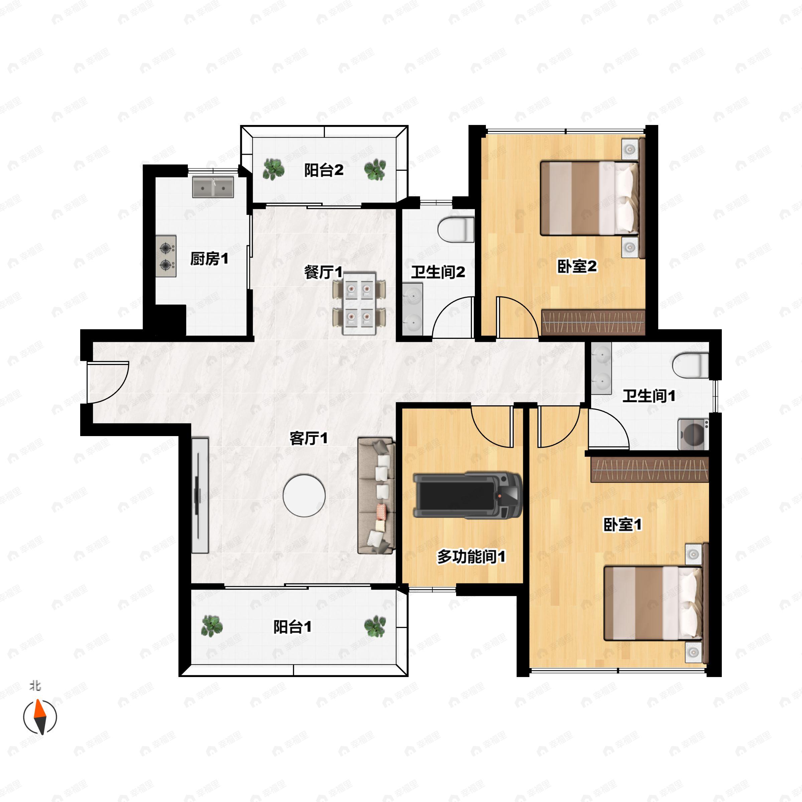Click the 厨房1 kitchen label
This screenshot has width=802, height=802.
[x=209, y=259]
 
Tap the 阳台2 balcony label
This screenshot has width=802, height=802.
[x=324, y=170]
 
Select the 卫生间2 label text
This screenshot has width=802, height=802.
[x=438, y=272]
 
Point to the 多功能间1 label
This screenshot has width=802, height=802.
[x=471, y=557]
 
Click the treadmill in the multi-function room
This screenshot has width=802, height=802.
[x=467, y=495]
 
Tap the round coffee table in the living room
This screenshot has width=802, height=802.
[x=304, y=496]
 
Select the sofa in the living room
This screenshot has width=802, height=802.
[x=376, y=495]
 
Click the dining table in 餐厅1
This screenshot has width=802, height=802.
[x=359, y=303]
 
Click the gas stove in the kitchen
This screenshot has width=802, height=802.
[x=166, y=256]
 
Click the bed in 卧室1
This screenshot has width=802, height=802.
[x=653, y=604]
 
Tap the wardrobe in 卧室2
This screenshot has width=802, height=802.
[x=593, y=322]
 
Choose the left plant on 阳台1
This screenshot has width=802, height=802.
[x=212, y=626]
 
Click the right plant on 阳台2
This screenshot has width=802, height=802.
[x=375, y=169]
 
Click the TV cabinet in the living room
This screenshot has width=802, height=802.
[x=200, y=495]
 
